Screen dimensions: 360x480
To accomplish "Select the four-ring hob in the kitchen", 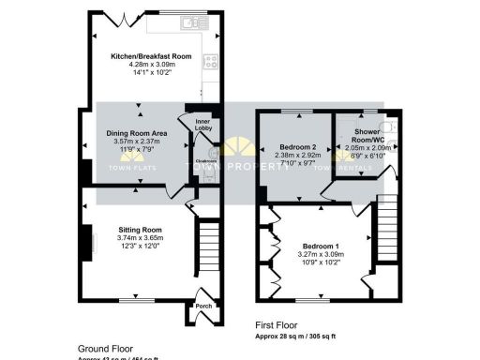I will tap(212, 63).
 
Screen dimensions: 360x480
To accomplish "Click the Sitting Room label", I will tap(140, 230).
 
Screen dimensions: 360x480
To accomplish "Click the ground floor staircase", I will tap(209, 248).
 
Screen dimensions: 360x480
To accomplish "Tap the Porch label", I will tap(203, 306).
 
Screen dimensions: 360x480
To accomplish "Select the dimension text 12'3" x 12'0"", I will tap(140, 247).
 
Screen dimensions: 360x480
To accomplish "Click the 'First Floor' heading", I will tap(277, 325).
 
